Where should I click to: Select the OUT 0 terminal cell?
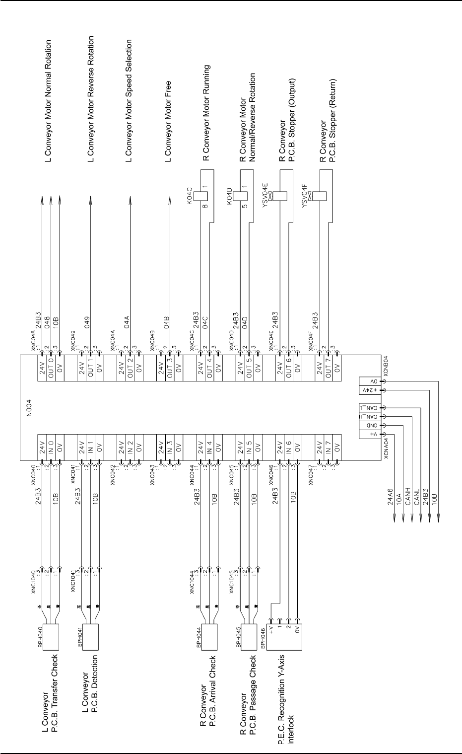(51, 371)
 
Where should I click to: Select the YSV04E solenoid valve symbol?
(280, 196)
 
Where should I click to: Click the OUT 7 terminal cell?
(329, 371)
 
